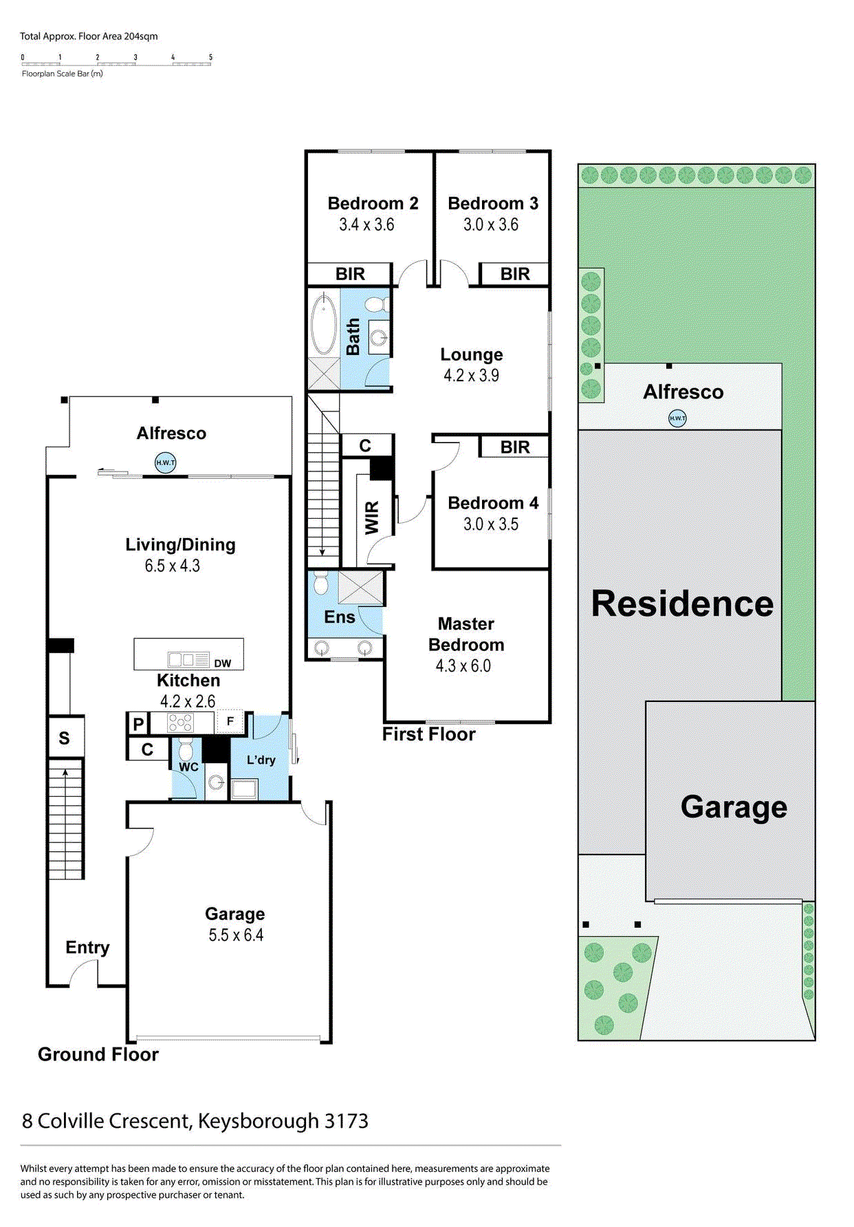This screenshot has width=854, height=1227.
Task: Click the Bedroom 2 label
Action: pos(373,204)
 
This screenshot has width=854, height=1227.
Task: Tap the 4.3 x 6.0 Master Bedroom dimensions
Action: pos(463,666)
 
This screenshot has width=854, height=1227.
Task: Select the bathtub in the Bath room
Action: pos(324,325)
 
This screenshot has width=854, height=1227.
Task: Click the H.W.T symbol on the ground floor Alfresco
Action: pos(165,462)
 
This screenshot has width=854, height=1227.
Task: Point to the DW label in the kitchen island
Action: pos(222,663)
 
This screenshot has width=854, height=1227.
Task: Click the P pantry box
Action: pos(138,724)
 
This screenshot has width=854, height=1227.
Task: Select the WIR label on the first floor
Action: pos(371,517)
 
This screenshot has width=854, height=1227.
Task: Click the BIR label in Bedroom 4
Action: pos(514,447)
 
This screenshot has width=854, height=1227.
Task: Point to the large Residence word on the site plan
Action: pos(682,604)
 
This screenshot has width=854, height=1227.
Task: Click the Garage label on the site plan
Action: pos(734,807)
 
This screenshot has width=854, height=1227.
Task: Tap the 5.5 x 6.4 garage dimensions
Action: pos(236,935)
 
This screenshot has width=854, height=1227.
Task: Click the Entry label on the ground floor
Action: pos(87,948)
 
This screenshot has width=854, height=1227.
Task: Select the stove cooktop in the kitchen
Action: pos(181,723)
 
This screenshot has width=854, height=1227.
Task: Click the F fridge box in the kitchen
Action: pos(230,721)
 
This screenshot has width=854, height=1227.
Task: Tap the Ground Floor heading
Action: pos(98,1054)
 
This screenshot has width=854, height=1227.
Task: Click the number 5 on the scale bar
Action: pos(210,57)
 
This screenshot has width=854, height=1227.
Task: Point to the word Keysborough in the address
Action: pos(258,1122)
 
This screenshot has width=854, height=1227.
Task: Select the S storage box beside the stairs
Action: pos(65,738)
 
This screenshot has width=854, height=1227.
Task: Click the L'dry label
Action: pos(261,760)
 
